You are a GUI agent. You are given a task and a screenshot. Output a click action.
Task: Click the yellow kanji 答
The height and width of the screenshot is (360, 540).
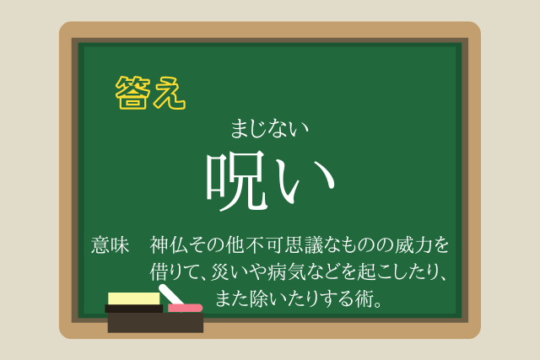click(x=133, y=92)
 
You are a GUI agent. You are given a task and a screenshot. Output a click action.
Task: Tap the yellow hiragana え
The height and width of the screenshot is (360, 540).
click(x=170, y=93)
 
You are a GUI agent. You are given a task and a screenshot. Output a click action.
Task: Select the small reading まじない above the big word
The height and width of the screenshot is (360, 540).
click(x=269, y=128)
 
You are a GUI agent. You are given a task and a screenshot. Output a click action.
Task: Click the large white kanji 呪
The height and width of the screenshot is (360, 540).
click(x=237, y=180)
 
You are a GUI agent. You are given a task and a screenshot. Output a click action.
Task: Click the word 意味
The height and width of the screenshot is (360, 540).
click(x=111, y=245)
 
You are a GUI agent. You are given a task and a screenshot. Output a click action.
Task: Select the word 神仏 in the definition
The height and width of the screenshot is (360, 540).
click(x=169, y=245)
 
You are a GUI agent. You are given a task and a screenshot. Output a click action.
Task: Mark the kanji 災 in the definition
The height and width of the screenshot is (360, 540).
click(x=220, y=271)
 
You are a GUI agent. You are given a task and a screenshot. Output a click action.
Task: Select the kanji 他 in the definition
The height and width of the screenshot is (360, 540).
click(x=235, y=245)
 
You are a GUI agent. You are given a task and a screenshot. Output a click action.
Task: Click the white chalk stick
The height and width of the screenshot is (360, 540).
click(x=170, y=294)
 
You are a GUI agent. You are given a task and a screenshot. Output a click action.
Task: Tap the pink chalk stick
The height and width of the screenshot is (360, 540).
click(x=185, y=308)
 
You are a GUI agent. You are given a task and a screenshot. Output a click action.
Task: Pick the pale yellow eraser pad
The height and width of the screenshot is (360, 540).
click(x=134, y=298)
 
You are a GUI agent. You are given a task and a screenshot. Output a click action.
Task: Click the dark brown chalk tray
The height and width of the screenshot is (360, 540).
click(x=155, y=323)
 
